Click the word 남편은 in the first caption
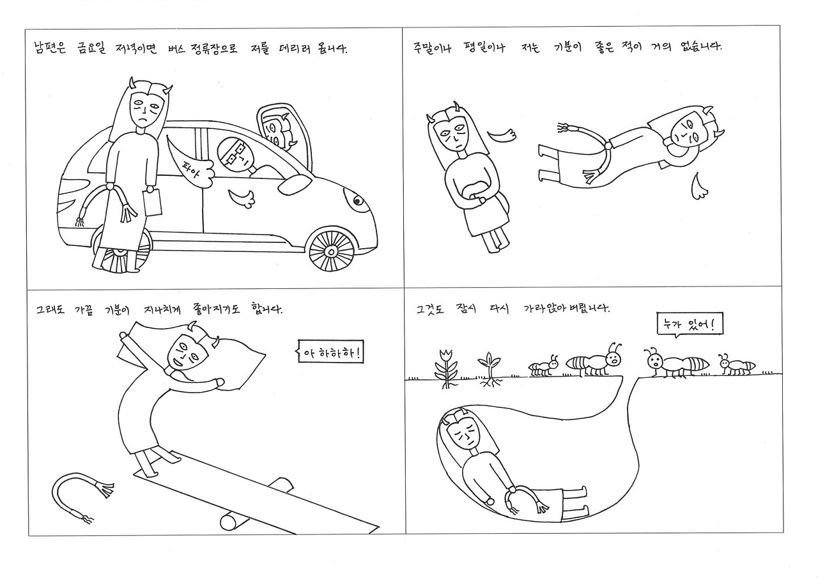click(x=52, y=49)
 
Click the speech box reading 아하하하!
click(x=330, y=352)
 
